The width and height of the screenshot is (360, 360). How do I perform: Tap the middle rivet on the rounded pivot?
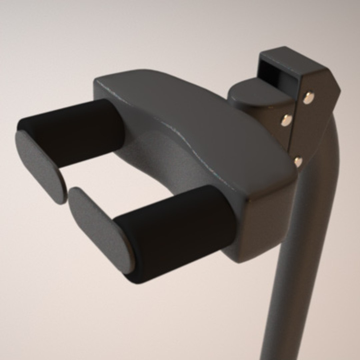[x=287, y=120]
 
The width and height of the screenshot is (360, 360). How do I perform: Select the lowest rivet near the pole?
[x=298, y=161]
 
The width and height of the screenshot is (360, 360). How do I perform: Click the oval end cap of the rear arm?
[x=40, y=167]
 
